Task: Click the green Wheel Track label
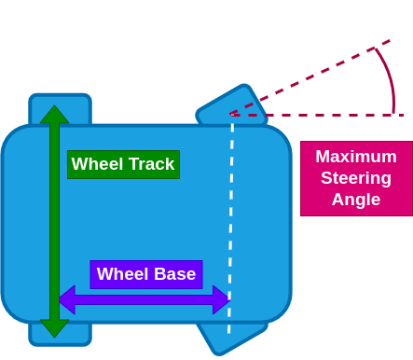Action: pyautogui.click(x=123, y=164)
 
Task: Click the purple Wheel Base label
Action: pyautogui.click(x=146, y=274)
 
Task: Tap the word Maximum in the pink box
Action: pyautogui.click(x=355, y=157)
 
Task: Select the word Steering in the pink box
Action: pyautogui.click(x=355, y=178)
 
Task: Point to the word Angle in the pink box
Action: pyautogui.click(x=355, y=200)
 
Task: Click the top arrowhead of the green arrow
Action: pyautogui.click(x=54, y=114)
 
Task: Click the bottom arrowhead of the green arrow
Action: pyautogui.click(x=54, y=328)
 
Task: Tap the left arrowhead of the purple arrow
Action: pyautogui.click(x=66, y=299)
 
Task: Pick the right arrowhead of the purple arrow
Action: pyautogui.click(x=221, y=299)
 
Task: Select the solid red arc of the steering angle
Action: pyautogui.click(x=388, y=75)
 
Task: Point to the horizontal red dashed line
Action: pyautogui.click(x=317, y=115)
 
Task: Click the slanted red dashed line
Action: pyautogui.click(x=308, y=78)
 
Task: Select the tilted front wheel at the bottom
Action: pyautogui.click(x=228, y=339)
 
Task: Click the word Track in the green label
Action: pyautogui.click(x=150, y=164)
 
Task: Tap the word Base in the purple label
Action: pyautogui.click(x=174, y=274)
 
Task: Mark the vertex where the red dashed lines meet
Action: pyautogui.click(x=232, y=115)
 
